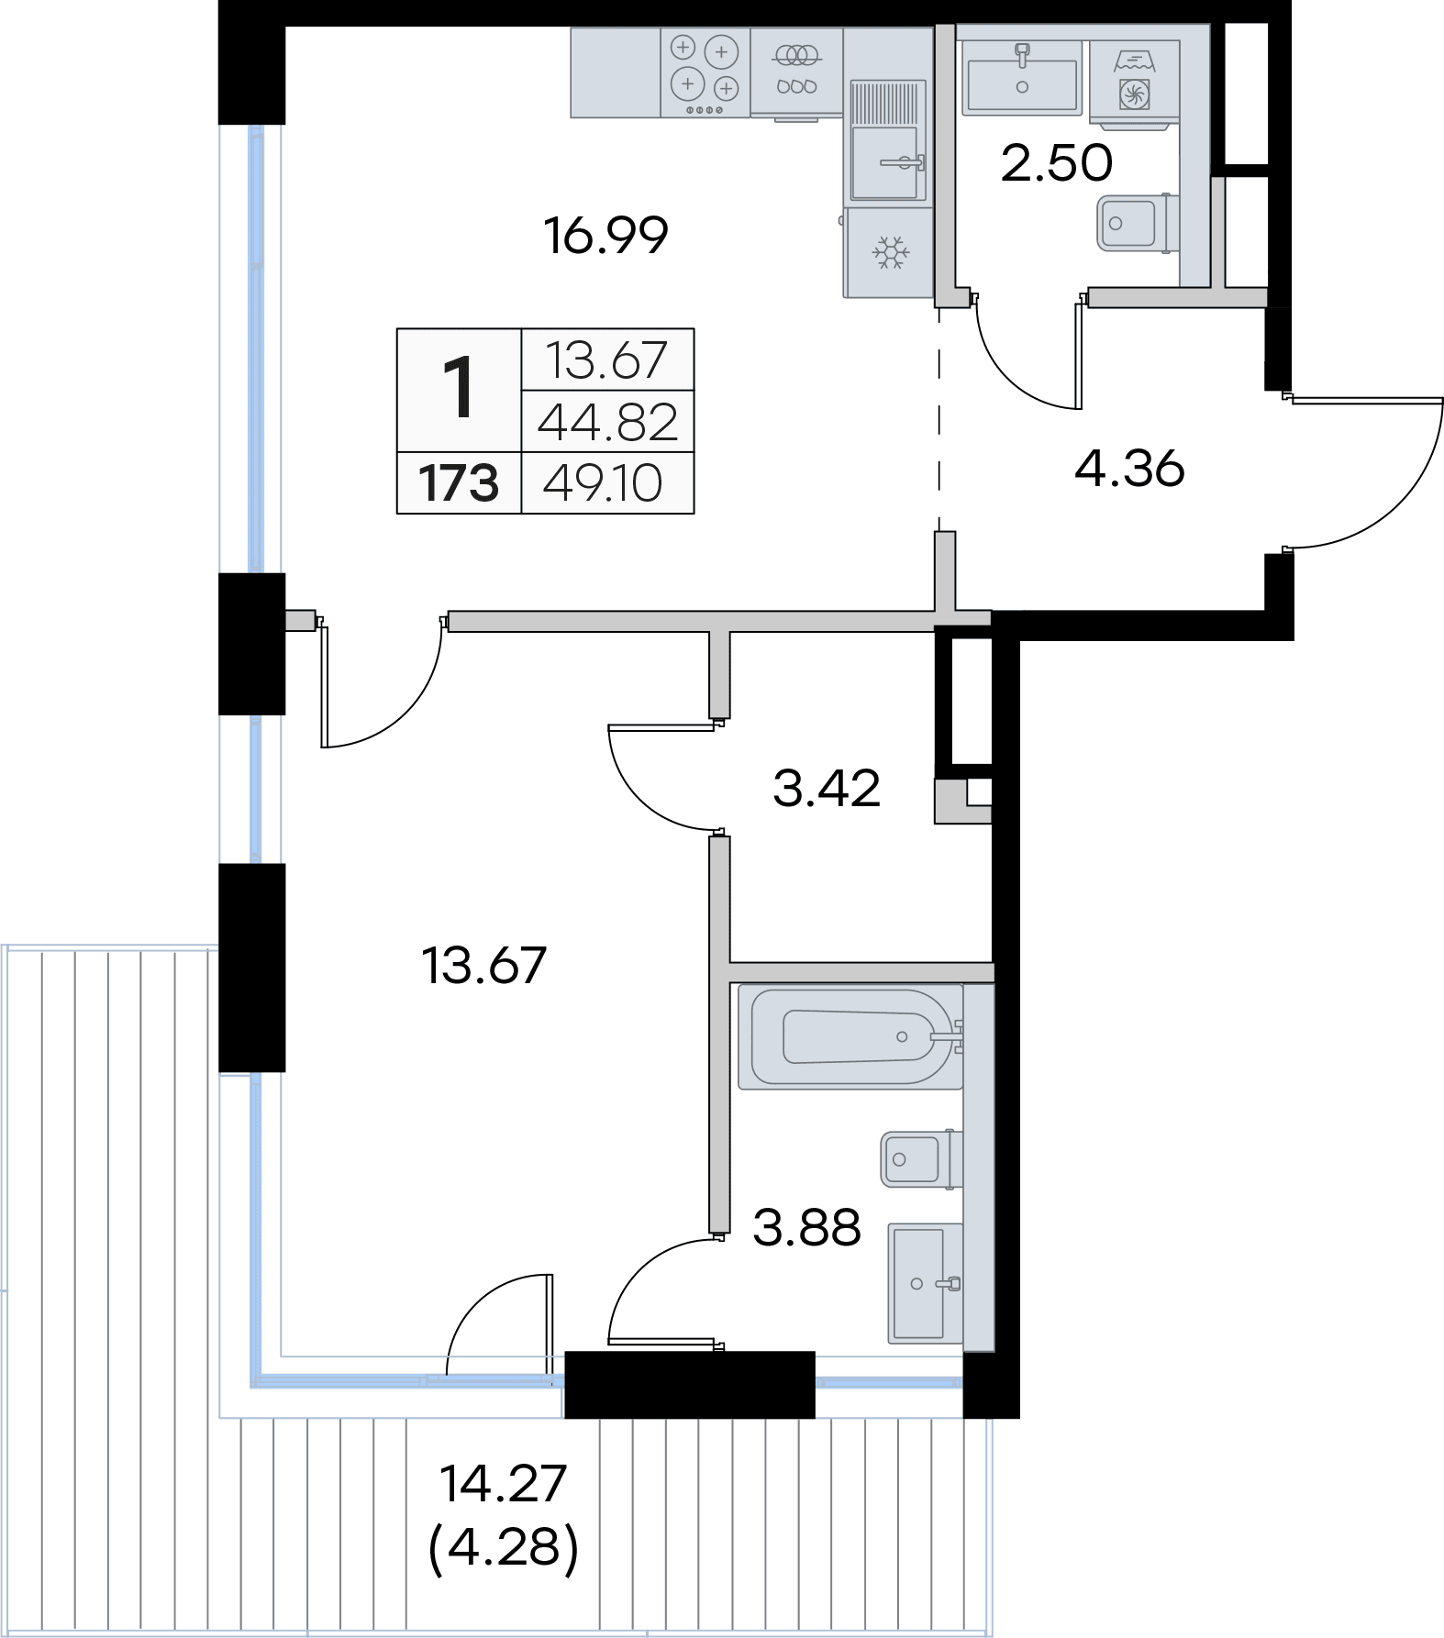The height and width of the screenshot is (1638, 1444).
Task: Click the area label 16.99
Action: [x=605, y=236]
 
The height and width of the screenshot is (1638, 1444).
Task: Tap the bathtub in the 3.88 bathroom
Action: [x=850, y=1037]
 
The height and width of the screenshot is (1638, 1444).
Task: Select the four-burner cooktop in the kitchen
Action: [x=705, y=73]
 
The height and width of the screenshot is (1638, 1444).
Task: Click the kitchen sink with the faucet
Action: [x=885, y=162]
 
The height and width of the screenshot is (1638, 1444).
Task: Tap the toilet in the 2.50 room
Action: [x=1135, y=223]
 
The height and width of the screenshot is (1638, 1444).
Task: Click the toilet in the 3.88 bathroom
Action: [x=922, y=1159]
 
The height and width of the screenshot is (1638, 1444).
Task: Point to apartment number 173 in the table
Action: [x=459, y=483]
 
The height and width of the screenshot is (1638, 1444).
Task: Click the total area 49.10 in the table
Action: [x=603, y=483]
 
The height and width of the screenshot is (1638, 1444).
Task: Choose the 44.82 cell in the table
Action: [x=607, y=422]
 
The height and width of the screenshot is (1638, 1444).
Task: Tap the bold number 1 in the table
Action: [x=459, y=388]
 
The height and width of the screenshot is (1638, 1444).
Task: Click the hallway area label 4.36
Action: [x=1129, y=469]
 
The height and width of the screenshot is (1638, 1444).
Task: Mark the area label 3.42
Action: [x=827, y=788]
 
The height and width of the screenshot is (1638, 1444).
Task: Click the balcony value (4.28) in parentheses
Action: [x=504, y=1547]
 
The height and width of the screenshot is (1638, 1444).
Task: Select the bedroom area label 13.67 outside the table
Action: [x=484, y=965]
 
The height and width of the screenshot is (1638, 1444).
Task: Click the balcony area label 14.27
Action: [x=503, y=1484]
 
